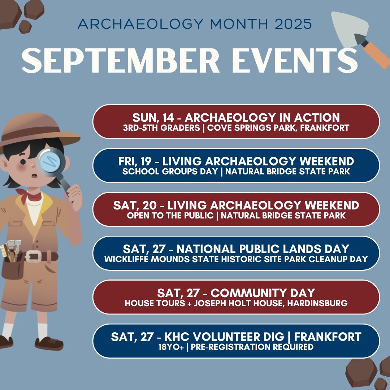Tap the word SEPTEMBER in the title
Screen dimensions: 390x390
click(x=121, y=60)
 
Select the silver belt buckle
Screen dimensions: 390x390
click(x=33, y=256)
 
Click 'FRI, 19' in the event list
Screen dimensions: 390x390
click(x=135, y=161)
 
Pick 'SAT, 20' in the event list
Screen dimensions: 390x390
click(x=135, y=205)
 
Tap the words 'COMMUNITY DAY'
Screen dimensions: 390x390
click(x=263, y=293)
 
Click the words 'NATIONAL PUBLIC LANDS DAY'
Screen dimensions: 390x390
click(x=263, y=249)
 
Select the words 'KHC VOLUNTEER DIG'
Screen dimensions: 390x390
click(x=224, y=337)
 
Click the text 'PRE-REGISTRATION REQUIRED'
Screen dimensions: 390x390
click(x=252, y=347)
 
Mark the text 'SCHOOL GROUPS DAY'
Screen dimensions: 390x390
click(x=170, y=172)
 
